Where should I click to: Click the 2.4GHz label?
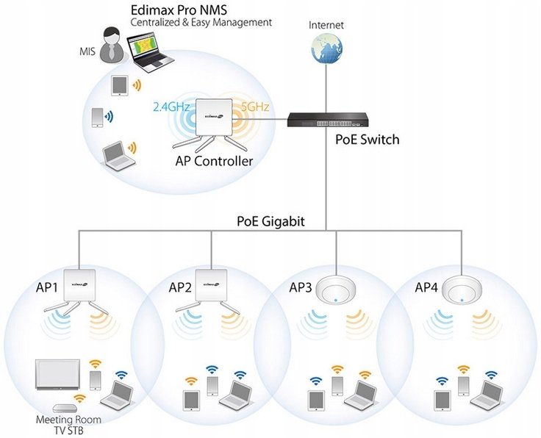(x=171, y=107)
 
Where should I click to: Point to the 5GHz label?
(x=255, y=107)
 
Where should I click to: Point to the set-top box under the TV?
(x=63, y=409)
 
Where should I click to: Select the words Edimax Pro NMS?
(x=179, y=10)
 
